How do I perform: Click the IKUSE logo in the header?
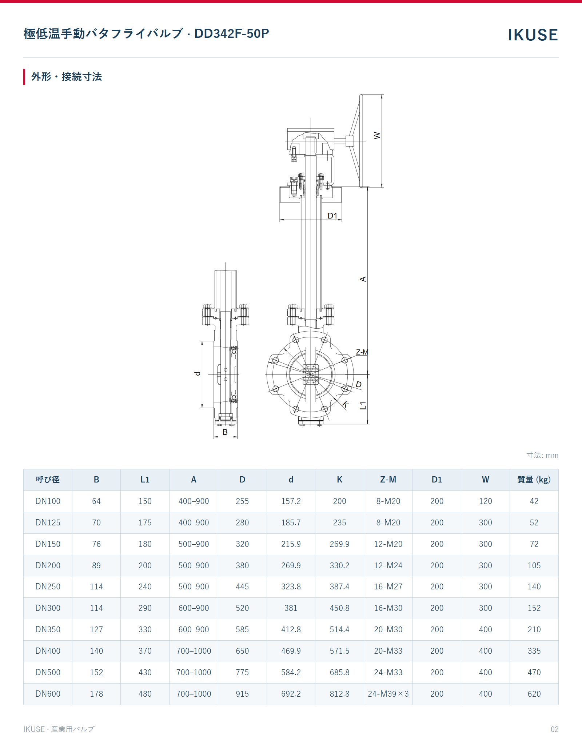coord(533,35)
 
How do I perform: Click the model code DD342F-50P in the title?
coord(232,33)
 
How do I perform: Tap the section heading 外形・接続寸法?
coord(67,77)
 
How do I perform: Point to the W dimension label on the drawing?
coord(377,136)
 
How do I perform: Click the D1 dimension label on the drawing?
coord(332,216)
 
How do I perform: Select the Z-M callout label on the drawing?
coord(362,352)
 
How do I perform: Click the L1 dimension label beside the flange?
coord(363,406)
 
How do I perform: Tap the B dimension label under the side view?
coord(225,432)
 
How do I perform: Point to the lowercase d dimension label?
coord(197,373)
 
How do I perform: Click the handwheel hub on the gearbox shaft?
coord(350,141)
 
